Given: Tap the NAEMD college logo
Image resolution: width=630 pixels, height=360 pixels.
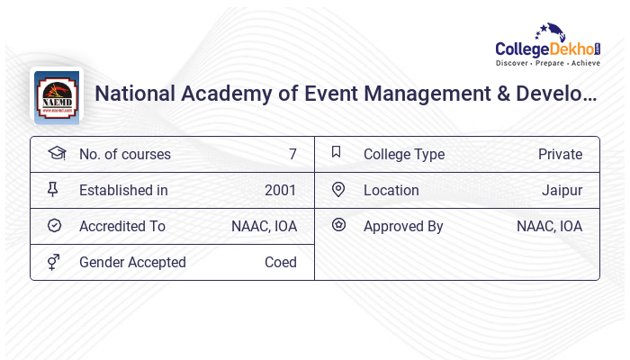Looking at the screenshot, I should click(57, 94).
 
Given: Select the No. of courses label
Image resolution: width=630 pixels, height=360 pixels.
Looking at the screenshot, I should click(124, 154).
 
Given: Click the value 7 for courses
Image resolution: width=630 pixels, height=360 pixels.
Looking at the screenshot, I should click(292, 154).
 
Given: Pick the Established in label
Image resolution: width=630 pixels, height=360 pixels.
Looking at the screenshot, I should click(123, 190).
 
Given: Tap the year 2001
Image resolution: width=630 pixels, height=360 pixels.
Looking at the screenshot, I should click(281, 190).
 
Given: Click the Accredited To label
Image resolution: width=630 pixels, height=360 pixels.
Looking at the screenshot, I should click(122, 226).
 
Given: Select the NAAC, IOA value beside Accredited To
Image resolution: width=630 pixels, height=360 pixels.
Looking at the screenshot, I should click(264, 226).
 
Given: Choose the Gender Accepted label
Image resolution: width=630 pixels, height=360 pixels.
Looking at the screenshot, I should click(132, 262).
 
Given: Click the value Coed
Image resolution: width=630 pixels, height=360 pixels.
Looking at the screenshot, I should click(281, 262).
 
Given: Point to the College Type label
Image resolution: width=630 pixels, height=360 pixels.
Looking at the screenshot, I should click(404, 154).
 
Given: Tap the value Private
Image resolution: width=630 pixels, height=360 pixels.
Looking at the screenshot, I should click(560, 154).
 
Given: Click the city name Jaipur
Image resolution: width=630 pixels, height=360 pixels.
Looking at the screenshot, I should click(562, 190).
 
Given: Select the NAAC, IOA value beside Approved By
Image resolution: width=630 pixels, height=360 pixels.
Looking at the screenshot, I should click(549, 226).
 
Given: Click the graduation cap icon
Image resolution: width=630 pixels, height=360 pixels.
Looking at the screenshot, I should click(56, 153).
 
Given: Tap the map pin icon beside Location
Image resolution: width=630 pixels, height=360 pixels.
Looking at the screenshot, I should click(338, 189).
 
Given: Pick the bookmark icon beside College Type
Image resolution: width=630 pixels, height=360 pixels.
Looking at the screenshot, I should click(337, 152).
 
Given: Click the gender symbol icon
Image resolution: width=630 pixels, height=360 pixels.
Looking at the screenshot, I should click(54, 262).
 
